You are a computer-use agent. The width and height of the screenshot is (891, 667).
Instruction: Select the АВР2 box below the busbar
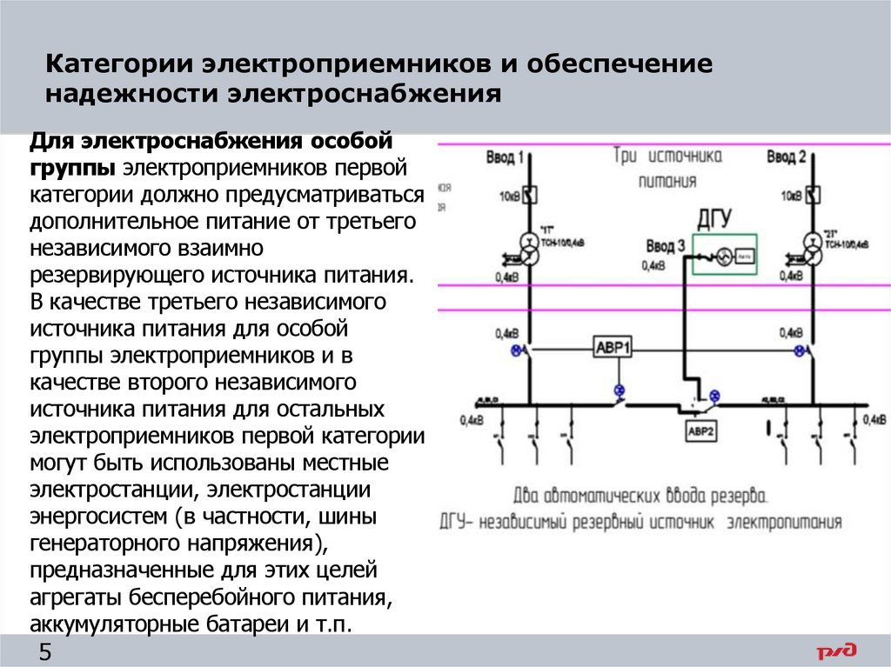(700, 430)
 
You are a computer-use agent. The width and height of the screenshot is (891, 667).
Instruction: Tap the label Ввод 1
(505, 157)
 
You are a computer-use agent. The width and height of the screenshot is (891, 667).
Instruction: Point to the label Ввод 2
(787, 157)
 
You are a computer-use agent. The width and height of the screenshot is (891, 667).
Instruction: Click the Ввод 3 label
(666, 246)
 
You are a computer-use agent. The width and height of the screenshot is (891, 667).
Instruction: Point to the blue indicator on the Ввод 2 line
(799, 350)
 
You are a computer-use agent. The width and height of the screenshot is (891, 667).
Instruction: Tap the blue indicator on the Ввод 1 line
(516, 350)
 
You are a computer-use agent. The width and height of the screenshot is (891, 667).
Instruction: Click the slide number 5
(45, 652)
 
